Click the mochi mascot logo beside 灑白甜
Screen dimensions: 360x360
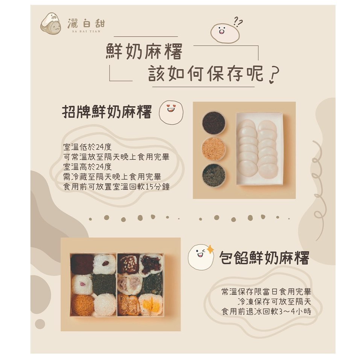tap(51, 24)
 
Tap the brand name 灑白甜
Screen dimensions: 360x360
tap(86, 24)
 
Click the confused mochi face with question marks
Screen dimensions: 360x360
tap(226, 31)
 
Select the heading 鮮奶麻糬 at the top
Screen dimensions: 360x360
tap(144, 52)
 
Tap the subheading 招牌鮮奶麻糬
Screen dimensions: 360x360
tap(107, 112)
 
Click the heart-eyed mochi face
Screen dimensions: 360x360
tap(171, 112)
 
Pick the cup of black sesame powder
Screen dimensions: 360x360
tap(214, 123)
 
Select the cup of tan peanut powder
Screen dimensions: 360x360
tap(214, 149)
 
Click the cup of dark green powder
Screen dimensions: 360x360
tap(214, 175)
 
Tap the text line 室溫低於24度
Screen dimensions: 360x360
tap(87, 147)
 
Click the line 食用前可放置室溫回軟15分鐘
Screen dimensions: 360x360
tap(116, 187)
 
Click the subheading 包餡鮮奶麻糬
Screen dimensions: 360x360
tap(264, 258)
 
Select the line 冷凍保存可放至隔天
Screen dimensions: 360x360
tap(274, 301)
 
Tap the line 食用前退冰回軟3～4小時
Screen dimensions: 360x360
tap(266, 311)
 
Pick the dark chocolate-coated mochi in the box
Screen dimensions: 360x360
tap(82, 264)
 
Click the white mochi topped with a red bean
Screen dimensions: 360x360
tap(105, 264)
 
